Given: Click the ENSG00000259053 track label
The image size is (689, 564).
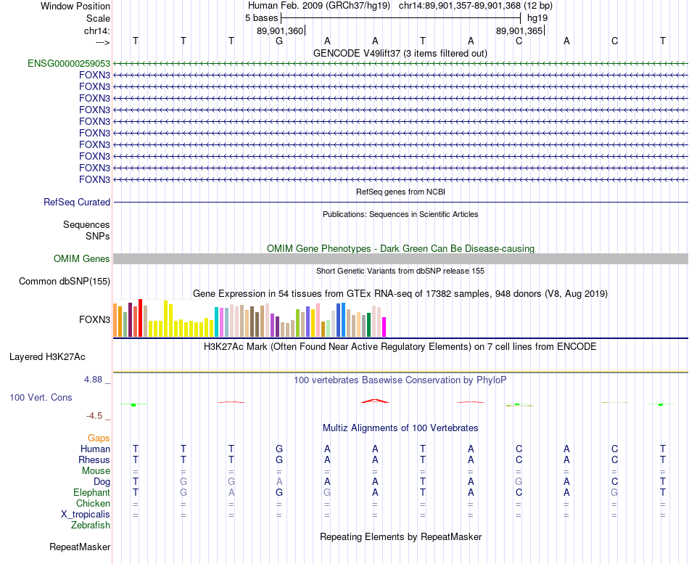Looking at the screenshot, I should tap(69, 63).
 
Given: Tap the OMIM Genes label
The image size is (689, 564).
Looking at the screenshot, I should tap(82, 258).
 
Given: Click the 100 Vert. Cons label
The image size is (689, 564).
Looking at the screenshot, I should tap(41, 398).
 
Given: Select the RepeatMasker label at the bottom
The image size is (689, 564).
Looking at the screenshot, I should tap(80, 547).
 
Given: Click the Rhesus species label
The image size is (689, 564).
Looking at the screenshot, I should tap(94, 459).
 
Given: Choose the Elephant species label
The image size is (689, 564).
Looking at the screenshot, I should tap(91, 492).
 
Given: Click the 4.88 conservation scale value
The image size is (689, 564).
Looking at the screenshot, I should tap(95, 379).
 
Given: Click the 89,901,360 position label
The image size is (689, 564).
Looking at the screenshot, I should tap(280, 30).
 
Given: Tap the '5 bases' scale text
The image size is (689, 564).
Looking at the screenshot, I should tap(262, 17).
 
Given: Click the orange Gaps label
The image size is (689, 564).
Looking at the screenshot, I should tap(99, 438).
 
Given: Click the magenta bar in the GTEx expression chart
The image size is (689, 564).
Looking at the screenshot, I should tap(384, 327).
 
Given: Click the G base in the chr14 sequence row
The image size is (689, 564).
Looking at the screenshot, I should tap(279, 41).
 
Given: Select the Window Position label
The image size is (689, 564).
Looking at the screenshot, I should tap(75, 6).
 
